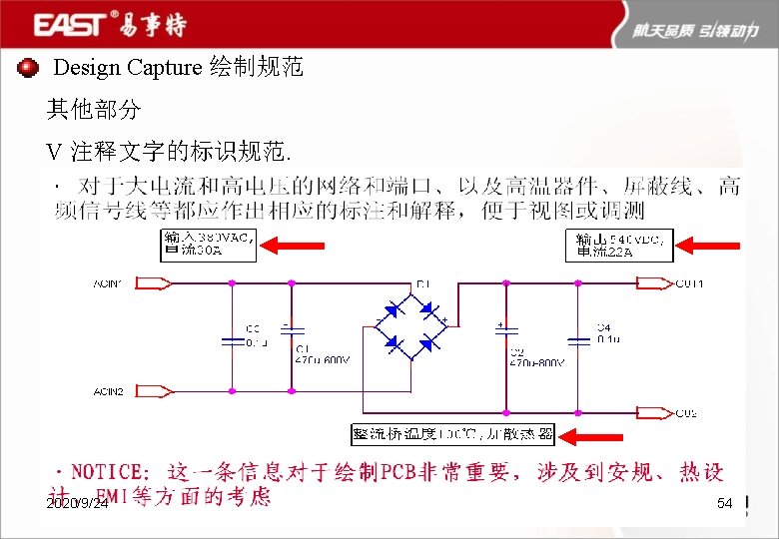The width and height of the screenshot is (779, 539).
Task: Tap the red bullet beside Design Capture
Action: coord(28,67)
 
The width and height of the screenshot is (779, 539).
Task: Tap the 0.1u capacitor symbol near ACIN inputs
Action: coord(232,339)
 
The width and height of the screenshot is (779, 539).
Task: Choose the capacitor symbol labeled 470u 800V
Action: coord(506,339)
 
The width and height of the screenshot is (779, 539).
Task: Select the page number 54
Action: coord(725,505)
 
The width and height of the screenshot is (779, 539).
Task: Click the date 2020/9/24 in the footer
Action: coord(77,505)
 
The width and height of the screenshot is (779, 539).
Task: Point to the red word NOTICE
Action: coord(110,472)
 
